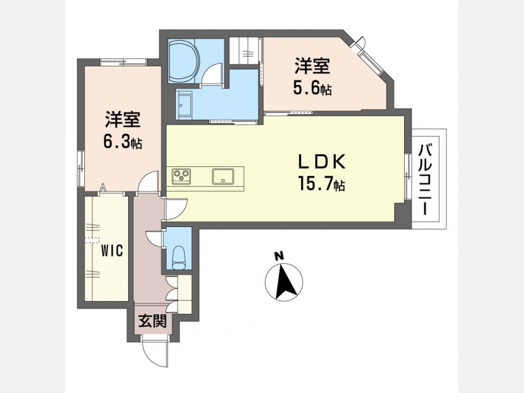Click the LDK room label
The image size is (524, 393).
tap(321, 163)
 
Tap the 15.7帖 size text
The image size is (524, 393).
tap(321, 184)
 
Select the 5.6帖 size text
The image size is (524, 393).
tap(312, 88)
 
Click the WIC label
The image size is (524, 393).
tap(112, 250)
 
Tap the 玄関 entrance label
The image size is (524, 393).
tap(153, 321)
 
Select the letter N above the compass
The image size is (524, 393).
tap(279, 256)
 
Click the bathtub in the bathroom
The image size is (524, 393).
tap(184, 61)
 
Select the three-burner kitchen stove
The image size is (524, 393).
tap(181, 176)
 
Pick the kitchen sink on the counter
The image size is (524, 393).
tap(223, 176)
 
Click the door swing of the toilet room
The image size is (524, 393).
tap(154, 238)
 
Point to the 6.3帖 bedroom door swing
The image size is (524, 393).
tap(148, 182)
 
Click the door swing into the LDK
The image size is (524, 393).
tap(175, 209)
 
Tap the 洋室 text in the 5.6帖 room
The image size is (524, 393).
tap(312, 66)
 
